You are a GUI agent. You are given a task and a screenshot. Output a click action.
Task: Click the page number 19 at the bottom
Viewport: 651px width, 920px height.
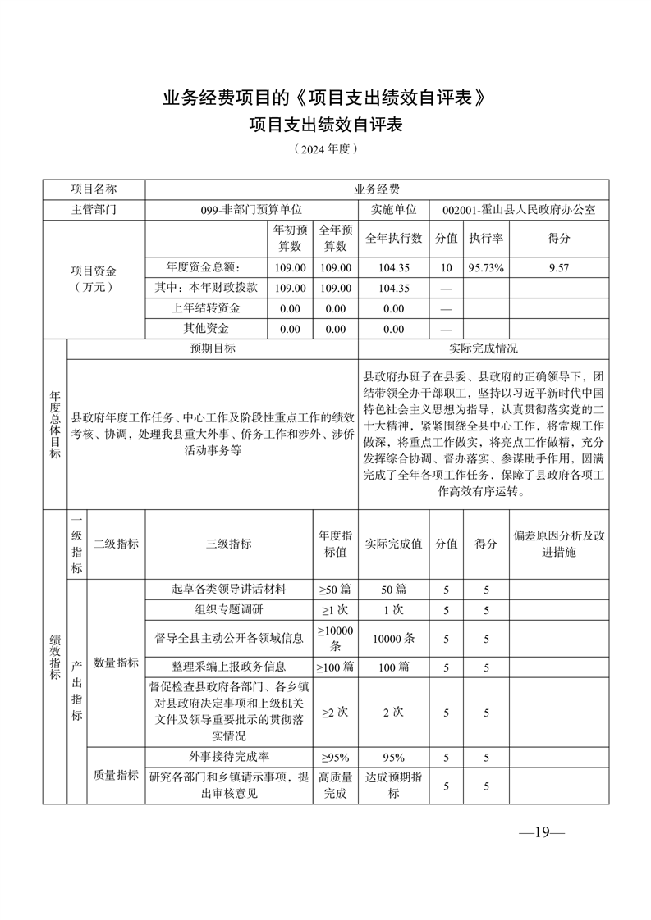[541, 832]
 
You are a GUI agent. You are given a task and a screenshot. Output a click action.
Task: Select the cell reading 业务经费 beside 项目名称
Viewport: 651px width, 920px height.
[377, 189]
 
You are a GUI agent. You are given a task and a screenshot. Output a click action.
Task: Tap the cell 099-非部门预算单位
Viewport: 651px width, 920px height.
[251, 210]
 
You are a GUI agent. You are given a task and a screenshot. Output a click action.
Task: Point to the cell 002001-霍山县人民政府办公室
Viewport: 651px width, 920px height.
[518, 210]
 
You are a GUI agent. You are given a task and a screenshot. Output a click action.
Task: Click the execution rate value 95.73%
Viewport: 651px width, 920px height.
[486, 267]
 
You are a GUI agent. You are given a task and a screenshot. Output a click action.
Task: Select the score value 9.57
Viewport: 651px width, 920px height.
[559, 267]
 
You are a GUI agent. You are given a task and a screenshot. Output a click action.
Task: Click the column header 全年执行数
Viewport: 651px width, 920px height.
[393, 239]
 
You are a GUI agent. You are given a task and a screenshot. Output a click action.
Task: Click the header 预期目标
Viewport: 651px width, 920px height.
[213, 348]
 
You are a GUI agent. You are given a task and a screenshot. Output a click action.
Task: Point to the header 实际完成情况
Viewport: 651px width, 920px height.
[484, 348]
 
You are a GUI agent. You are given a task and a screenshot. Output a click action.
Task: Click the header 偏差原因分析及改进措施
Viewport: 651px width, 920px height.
[559, 544]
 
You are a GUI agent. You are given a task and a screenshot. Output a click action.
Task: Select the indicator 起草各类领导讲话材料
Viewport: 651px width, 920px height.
[229, 590]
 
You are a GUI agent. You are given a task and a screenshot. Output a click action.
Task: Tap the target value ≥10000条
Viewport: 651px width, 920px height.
[335, 637]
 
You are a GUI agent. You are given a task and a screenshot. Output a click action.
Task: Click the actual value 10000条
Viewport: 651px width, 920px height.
[393, 637]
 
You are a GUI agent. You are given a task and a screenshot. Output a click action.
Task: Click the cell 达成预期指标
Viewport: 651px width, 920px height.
[393, 786]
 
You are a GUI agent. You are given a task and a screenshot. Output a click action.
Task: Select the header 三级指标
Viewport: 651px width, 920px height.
[229, 544]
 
